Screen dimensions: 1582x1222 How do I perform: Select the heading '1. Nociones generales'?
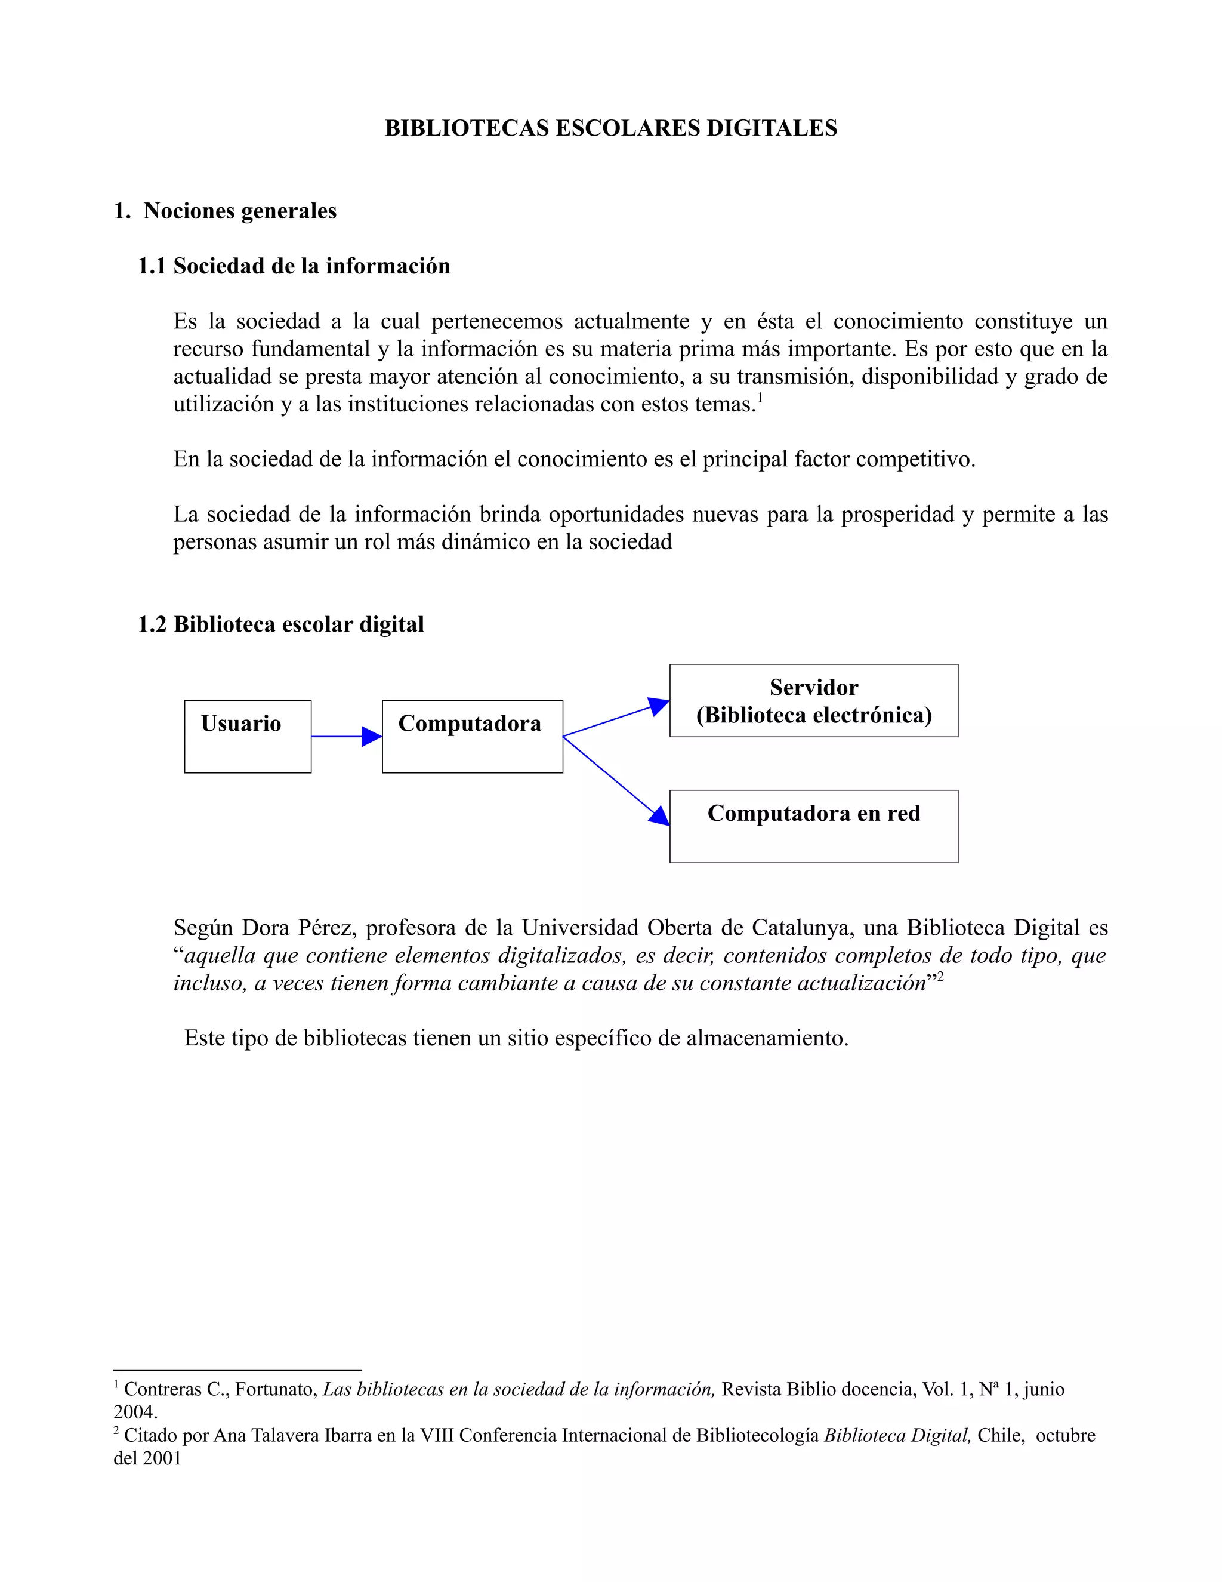(x=225, y=211)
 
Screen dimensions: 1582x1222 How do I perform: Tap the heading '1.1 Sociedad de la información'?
(x=294, y=266)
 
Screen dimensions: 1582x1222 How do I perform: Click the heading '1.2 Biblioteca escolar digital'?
(x=281, y=624)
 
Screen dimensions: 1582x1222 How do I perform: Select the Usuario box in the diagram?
(x=248, y=737)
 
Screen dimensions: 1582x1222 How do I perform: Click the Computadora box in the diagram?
(x=472, y=737)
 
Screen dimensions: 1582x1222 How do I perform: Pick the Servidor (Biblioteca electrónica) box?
(x=813, y=700)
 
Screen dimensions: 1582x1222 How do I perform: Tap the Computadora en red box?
(x=813, y=826)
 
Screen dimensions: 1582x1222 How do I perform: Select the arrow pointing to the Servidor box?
(x=615, y=719)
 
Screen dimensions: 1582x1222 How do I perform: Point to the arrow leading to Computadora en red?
(x=615, y=780)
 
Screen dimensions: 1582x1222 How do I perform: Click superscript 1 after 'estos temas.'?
(x=760, y=398)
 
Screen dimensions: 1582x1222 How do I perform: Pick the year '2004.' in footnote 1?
(x=135, y=1412)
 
